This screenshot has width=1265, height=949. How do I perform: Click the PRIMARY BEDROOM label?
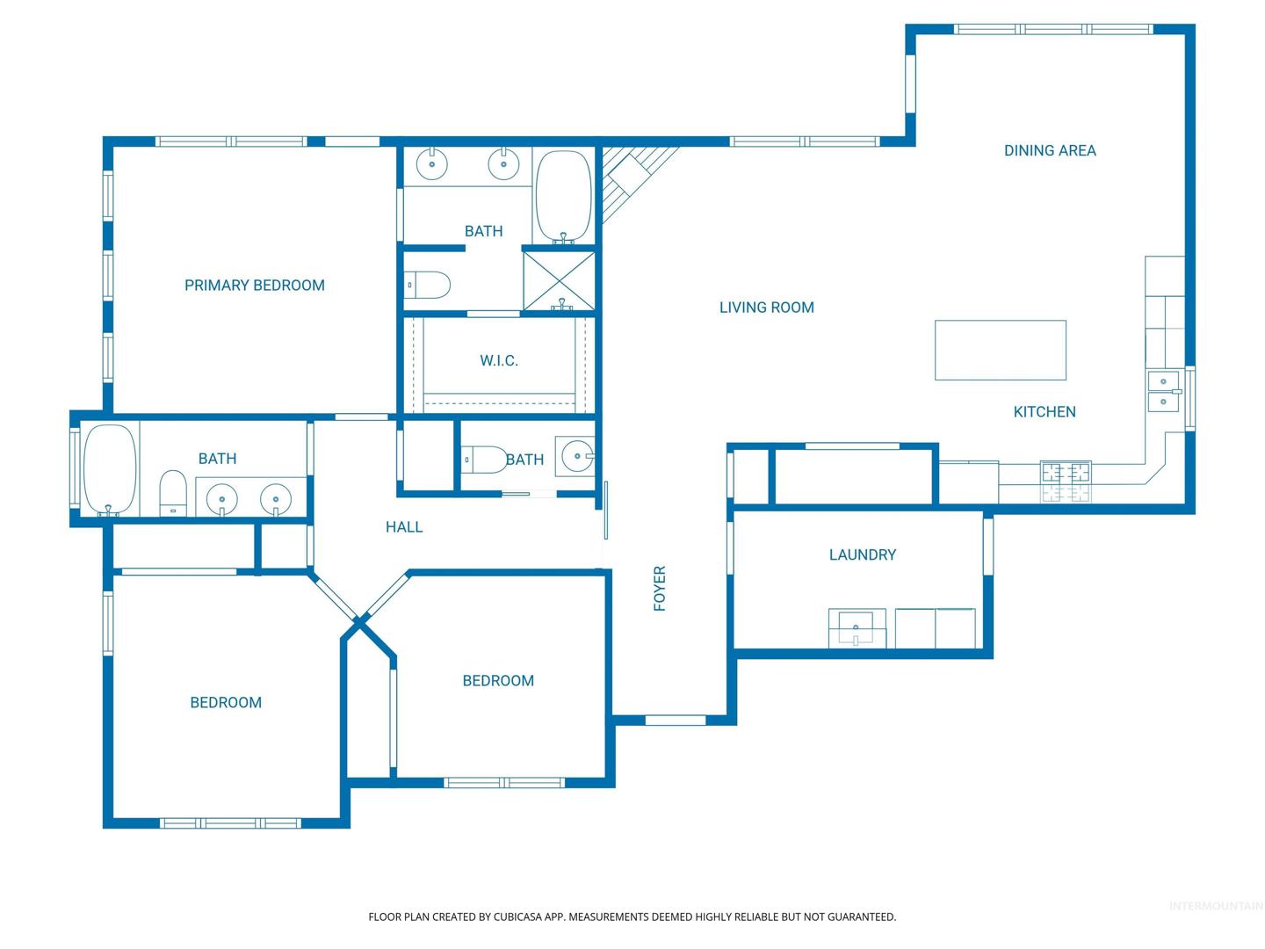(x=254, y=286)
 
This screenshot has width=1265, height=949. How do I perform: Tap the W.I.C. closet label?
(x=498, y=360)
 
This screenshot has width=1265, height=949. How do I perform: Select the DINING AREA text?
(x=1050, y=150)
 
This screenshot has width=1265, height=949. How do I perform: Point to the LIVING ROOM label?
(x=767, y=308)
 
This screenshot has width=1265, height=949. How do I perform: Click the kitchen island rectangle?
(x=1000, y=350)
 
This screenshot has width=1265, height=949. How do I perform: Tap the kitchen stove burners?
(x=1066, y=482)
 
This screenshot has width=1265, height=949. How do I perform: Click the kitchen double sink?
(x=1164, y=391)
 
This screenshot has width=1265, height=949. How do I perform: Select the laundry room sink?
(x=857, y=627)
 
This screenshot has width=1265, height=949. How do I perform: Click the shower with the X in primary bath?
(x=559, y=281)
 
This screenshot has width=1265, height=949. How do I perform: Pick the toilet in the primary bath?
(x=426, y=285)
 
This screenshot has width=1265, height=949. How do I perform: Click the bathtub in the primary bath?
(x=563, y=196)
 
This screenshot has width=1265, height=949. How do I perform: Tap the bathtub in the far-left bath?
(x=110, y=469)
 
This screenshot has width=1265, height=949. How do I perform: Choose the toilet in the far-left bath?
(x=173, y=493)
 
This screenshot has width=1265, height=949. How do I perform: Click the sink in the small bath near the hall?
(x=575, y=456)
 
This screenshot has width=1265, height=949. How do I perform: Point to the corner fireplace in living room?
(x=632, y=176)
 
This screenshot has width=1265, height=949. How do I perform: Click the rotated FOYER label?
(x=660, y=588)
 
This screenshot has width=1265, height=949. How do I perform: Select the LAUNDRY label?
(x=862, y=554)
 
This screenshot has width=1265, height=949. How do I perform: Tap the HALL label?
(x=403, y=526)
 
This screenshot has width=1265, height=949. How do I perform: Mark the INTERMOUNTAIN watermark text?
(x=1216, y=906)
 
